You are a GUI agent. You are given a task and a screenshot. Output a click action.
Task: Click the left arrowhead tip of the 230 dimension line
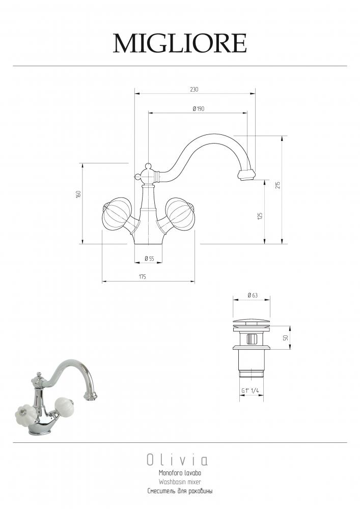(x=135, y=94)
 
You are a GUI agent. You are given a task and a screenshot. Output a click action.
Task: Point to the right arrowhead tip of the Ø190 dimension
(x=247, y=112)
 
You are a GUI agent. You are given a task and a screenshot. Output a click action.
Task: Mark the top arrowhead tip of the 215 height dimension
(x=282, y=135)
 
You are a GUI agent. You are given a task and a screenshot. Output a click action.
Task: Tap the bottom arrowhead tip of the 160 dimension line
(x=82, y=243)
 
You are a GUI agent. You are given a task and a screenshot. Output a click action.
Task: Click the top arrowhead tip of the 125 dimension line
(x=265, y=180)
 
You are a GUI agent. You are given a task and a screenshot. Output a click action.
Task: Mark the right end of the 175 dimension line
(x=195, y=281)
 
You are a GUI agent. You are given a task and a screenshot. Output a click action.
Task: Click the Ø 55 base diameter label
(x=149, y=259)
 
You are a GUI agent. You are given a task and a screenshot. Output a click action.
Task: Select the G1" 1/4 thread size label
(x=250, y=391)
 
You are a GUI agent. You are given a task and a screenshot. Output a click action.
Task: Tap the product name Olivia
(x=177, y=460)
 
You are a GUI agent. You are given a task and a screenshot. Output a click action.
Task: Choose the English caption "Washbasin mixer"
(x=180, y=482)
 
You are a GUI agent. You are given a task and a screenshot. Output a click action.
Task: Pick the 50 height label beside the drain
(x=285, y=337)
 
